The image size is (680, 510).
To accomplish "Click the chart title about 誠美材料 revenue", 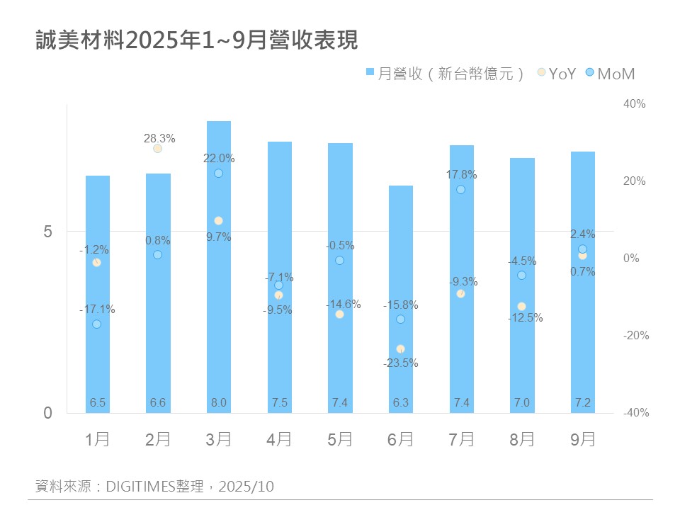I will (x=197, y=40).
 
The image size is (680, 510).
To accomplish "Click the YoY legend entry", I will (x=557, y=74).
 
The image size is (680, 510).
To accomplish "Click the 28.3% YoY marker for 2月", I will (x=157, y=148).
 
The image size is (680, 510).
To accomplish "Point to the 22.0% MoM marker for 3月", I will (x=218, y=173).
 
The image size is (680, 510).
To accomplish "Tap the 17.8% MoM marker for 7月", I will (x=461, y=189).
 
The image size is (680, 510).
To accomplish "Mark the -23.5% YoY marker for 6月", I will (x=401, y=349).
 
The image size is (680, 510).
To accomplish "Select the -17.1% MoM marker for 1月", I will (x=96, y=324).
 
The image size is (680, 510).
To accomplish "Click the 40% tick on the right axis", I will (x=634, y=104).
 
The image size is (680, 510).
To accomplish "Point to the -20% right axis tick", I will (x=634, y=336).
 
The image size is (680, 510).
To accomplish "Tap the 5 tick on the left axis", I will (x=49, y=232).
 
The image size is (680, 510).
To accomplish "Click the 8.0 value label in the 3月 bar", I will (x=218, y=403).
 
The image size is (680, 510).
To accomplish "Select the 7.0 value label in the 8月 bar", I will (x=522, y=403).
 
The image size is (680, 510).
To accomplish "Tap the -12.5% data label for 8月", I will (x=525, y=318).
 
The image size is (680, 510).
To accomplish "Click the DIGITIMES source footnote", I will (x=154, y=487).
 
